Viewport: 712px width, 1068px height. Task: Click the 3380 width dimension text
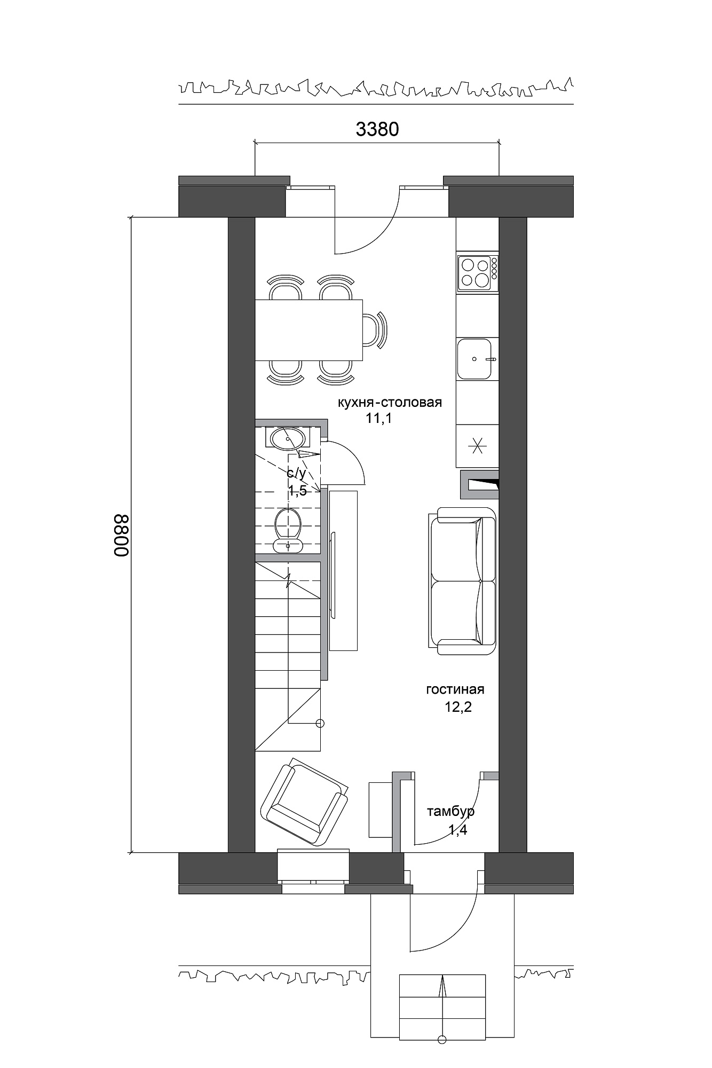(377, 129)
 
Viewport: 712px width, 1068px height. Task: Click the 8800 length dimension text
(121, 536)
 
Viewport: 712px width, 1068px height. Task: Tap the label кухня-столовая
(390, 402)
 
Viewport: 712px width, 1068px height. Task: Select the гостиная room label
(455, 689)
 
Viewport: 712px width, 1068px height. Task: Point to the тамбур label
(450, 812)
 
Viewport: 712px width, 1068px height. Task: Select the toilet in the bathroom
(288, 529)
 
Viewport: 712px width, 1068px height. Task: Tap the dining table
(309, 330)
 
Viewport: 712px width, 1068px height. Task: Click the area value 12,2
(458, 708)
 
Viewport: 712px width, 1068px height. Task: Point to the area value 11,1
(379, 418)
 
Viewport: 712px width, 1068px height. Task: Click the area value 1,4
(457, 830)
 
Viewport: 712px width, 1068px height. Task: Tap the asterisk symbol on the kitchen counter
(478, 444)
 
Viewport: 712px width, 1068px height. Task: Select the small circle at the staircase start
(320, 724)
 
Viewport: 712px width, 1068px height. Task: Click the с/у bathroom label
(297, 473)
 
